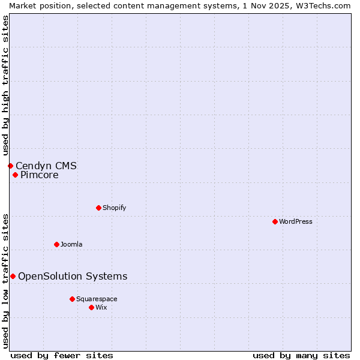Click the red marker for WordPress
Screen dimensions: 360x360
[275, 221]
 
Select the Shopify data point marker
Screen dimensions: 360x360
[98, 208]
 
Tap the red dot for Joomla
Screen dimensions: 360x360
[56, 244]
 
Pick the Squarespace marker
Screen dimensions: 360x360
[72, 299]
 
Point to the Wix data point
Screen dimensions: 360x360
[91, 307]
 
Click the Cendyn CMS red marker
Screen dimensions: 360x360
[10, 166]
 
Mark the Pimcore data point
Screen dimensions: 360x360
[15, 175]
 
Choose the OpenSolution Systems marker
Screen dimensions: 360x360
[13, 276]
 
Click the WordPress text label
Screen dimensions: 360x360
[296, 221]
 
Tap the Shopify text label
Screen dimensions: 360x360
[115, 208]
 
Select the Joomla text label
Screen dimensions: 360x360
[71, 244]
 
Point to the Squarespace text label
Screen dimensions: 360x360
[97, 299]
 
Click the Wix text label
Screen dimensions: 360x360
[101, 307]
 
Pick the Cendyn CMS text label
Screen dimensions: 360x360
[46, 166]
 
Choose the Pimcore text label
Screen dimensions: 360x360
[40, 175]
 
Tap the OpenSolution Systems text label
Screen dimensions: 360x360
[73, 276]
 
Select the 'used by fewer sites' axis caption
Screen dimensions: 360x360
[62, 355]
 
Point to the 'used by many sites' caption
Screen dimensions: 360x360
[301, 355]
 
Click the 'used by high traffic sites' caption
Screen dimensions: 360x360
[5, 85]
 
